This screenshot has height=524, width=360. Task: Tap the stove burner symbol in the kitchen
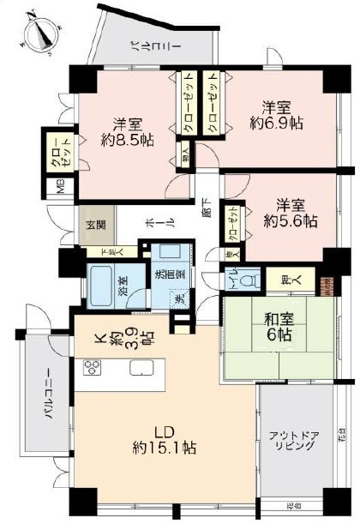(x=93, y=369)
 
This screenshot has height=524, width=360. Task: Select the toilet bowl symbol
(x=249, y=279)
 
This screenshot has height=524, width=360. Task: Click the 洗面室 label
(x=162, y=276)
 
